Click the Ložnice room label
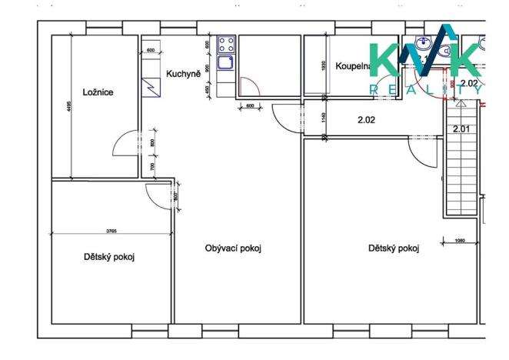98,92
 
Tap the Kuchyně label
183,74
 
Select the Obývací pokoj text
234,248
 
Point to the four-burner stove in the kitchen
226,43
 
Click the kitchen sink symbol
226,65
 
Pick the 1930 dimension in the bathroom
323,68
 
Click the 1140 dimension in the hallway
323,119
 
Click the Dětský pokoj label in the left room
114,257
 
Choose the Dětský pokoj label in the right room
393,248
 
